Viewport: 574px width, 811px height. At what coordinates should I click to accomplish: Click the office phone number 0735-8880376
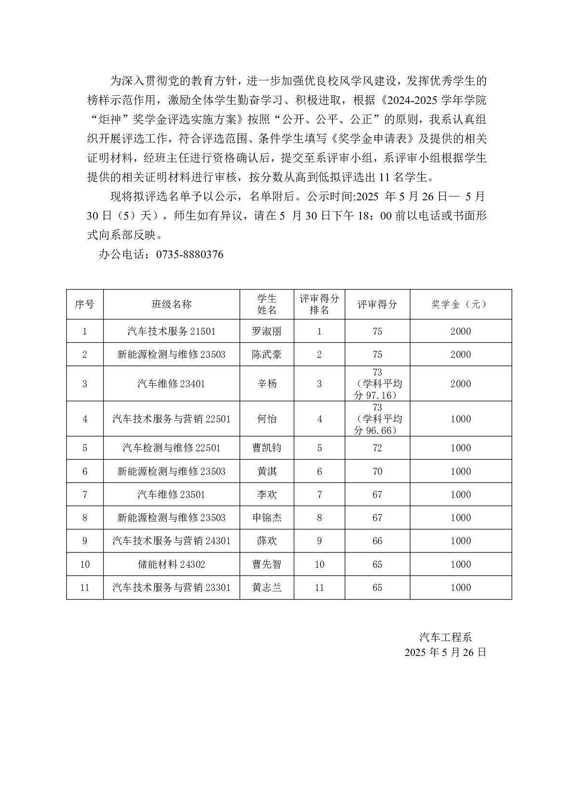(189, 255)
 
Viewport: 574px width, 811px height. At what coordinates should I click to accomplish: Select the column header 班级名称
(172, 304)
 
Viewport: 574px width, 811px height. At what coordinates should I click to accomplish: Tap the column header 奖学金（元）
(460, 304)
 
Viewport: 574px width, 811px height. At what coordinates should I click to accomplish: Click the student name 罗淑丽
(267, 331)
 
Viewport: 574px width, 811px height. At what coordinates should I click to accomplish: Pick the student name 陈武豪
(267, 354)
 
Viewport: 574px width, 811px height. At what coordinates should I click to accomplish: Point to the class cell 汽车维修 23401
(172, 384)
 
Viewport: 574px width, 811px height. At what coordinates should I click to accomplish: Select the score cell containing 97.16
(377, 384)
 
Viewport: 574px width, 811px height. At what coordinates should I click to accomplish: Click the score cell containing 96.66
(377, 419)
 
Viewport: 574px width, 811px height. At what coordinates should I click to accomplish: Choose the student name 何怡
(267, 419)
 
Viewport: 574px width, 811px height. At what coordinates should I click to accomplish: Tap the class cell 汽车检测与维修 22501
(172, 448)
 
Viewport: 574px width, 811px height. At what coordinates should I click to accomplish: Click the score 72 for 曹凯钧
(377, 448)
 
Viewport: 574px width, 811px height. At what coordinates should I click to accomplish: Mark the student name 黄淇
(267, 471)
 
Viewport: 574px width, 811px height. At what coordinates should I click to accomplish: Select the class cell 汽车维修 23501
(172, 495)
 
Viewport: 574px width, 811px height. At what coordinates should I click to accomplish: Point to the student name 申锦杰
(267, 518)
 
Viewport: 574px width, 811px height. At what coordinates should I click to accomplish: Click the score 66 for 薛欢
(377, 541)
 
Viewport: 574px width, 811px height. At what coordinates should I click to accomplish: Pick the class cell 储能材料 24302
(172, 564)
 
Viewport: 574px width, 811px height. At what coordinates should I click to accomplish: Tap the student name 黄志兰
(267, 588)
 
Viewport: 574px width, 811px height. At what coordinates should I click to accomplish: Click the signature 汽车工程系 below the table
(445, 638)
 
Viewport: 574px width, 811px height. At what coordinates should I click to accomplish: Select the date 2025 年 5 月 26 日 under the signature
(445, 653)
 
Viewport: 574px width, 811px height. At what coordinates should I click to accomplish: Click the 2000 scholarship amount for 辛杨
(460, 384)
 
